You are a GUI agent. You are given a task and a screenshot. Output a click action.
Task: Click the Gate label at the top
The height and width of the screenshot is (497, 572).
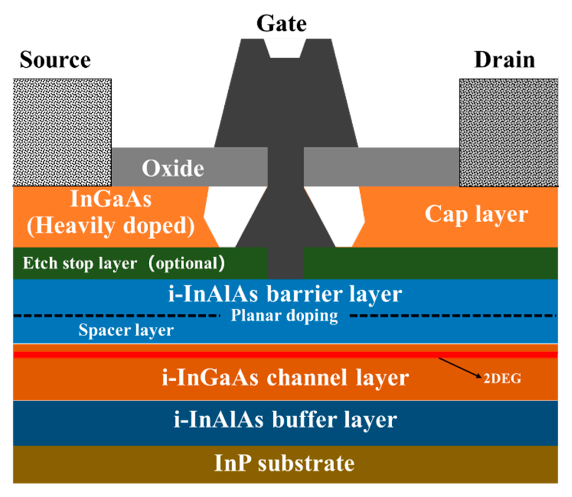pyautogui.click(x=281, y=24)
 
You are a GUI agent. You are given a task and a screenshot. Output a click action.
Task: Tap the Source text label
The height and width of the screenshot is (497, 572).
pyautogui.click(x=55, y=60)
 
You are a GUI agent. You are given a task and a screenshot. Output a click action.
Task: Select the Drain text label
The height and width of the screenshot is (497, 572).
pyautogui.click(x=504, y=60)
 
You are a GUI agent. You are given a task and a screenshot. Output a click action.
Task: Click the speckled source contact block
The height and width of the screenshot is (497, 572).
pyautogui.click(x=62, y=132)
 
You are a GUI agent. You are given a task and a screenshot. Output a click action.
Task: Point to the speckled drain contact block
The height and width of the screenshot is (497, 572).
pyautogui.click(x=508, y=132)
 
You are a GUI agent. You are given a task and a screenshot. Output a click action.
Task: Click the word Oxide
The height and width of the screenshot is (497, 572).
pyautogui.click(x=173, y=168)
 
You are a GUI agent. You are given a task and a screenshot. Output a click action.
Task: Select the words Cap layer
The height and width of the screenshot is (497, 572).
pyautogui.click(x=476, y=214)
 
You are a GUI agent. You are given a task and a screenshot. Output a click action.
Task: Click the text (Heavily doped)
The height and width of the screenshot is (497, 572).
pyautogui.click(x=111, y=226)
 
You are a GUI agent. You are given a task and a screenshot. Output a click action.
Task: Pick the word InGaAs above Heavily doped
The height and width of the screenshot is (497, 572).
pyautogui.click(x=111, y=199)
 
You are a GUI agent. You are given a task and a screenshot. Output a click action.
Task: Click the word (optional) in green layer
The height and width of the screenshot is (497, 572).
pyautogui.click(x=187, y=263)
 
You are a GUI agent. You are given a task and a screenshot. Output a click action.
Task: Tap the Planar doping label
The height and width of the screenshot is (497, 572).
pyautogui.click(x=284, y=315)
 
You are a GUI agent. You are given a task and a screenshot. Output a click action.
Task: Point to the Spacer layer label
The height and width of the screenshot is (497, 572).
pyautogui.click(x=126, y=330)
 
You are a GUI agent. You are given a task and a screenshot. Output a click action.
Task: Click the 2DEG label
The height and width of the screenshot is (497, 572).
pyautogui.click(x=502, y=379)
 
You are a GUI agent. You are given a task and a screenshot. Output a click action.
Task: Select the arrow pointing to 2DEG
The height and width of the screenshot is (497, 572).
pyautogui.click(x=460, y=368)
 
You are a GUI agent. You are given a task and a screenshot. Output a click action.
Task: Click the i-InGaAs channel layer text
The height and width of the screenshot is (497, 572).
pyautogui.click(x=285, y=378)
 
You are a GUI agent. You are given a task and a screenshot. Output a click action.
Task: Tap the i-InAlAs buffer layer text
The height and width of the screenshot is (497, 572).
pyautogui.click(x=285, y=420)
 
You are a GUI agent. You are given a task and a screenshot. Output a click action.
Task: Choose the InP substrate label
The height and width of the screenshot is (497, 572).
pyautogui.click(x=284, y=463)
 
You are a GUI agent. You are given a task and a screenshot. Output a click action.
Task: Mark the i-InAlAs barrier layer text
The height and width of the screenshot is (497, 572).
pyautogui.click(x=285, y=294)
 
